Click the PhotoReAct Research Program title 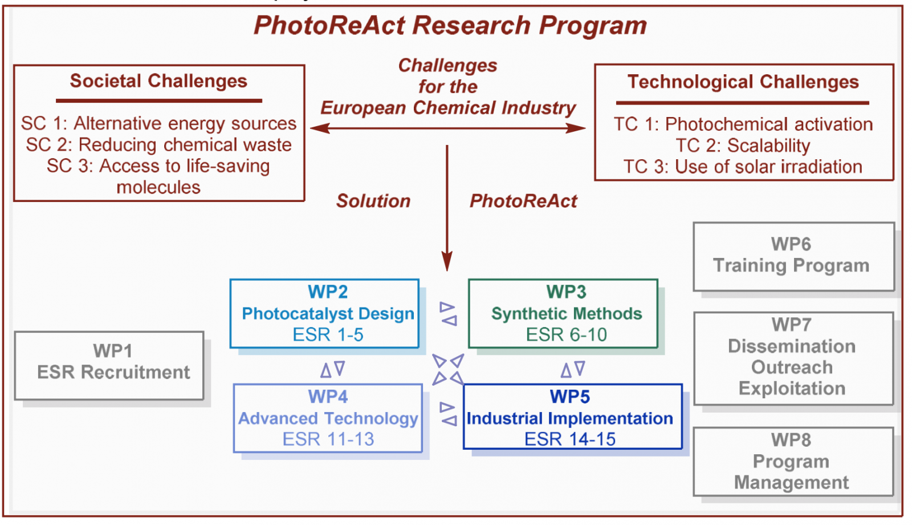tap(450, 25)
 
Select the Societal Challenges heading tap(158, 80)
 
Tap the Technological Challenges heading tap(743, 82)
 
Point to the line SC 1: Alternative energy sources tap(159, 123)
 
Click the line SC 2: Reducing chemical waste tap(159, 144)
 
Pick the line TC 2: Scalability tap(743, 146)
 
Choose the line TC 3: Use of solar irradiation tap(743, 167)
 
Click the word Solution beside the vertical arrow tap(373, 201)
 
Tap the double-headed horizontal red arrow tap(448, 128)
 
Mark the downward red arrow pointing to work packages tap(447, 208)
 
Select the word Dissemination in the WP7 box tap(792, 346)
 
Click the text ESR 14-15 tap(570, 439)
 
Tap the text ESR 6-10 tap(567, 334)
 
